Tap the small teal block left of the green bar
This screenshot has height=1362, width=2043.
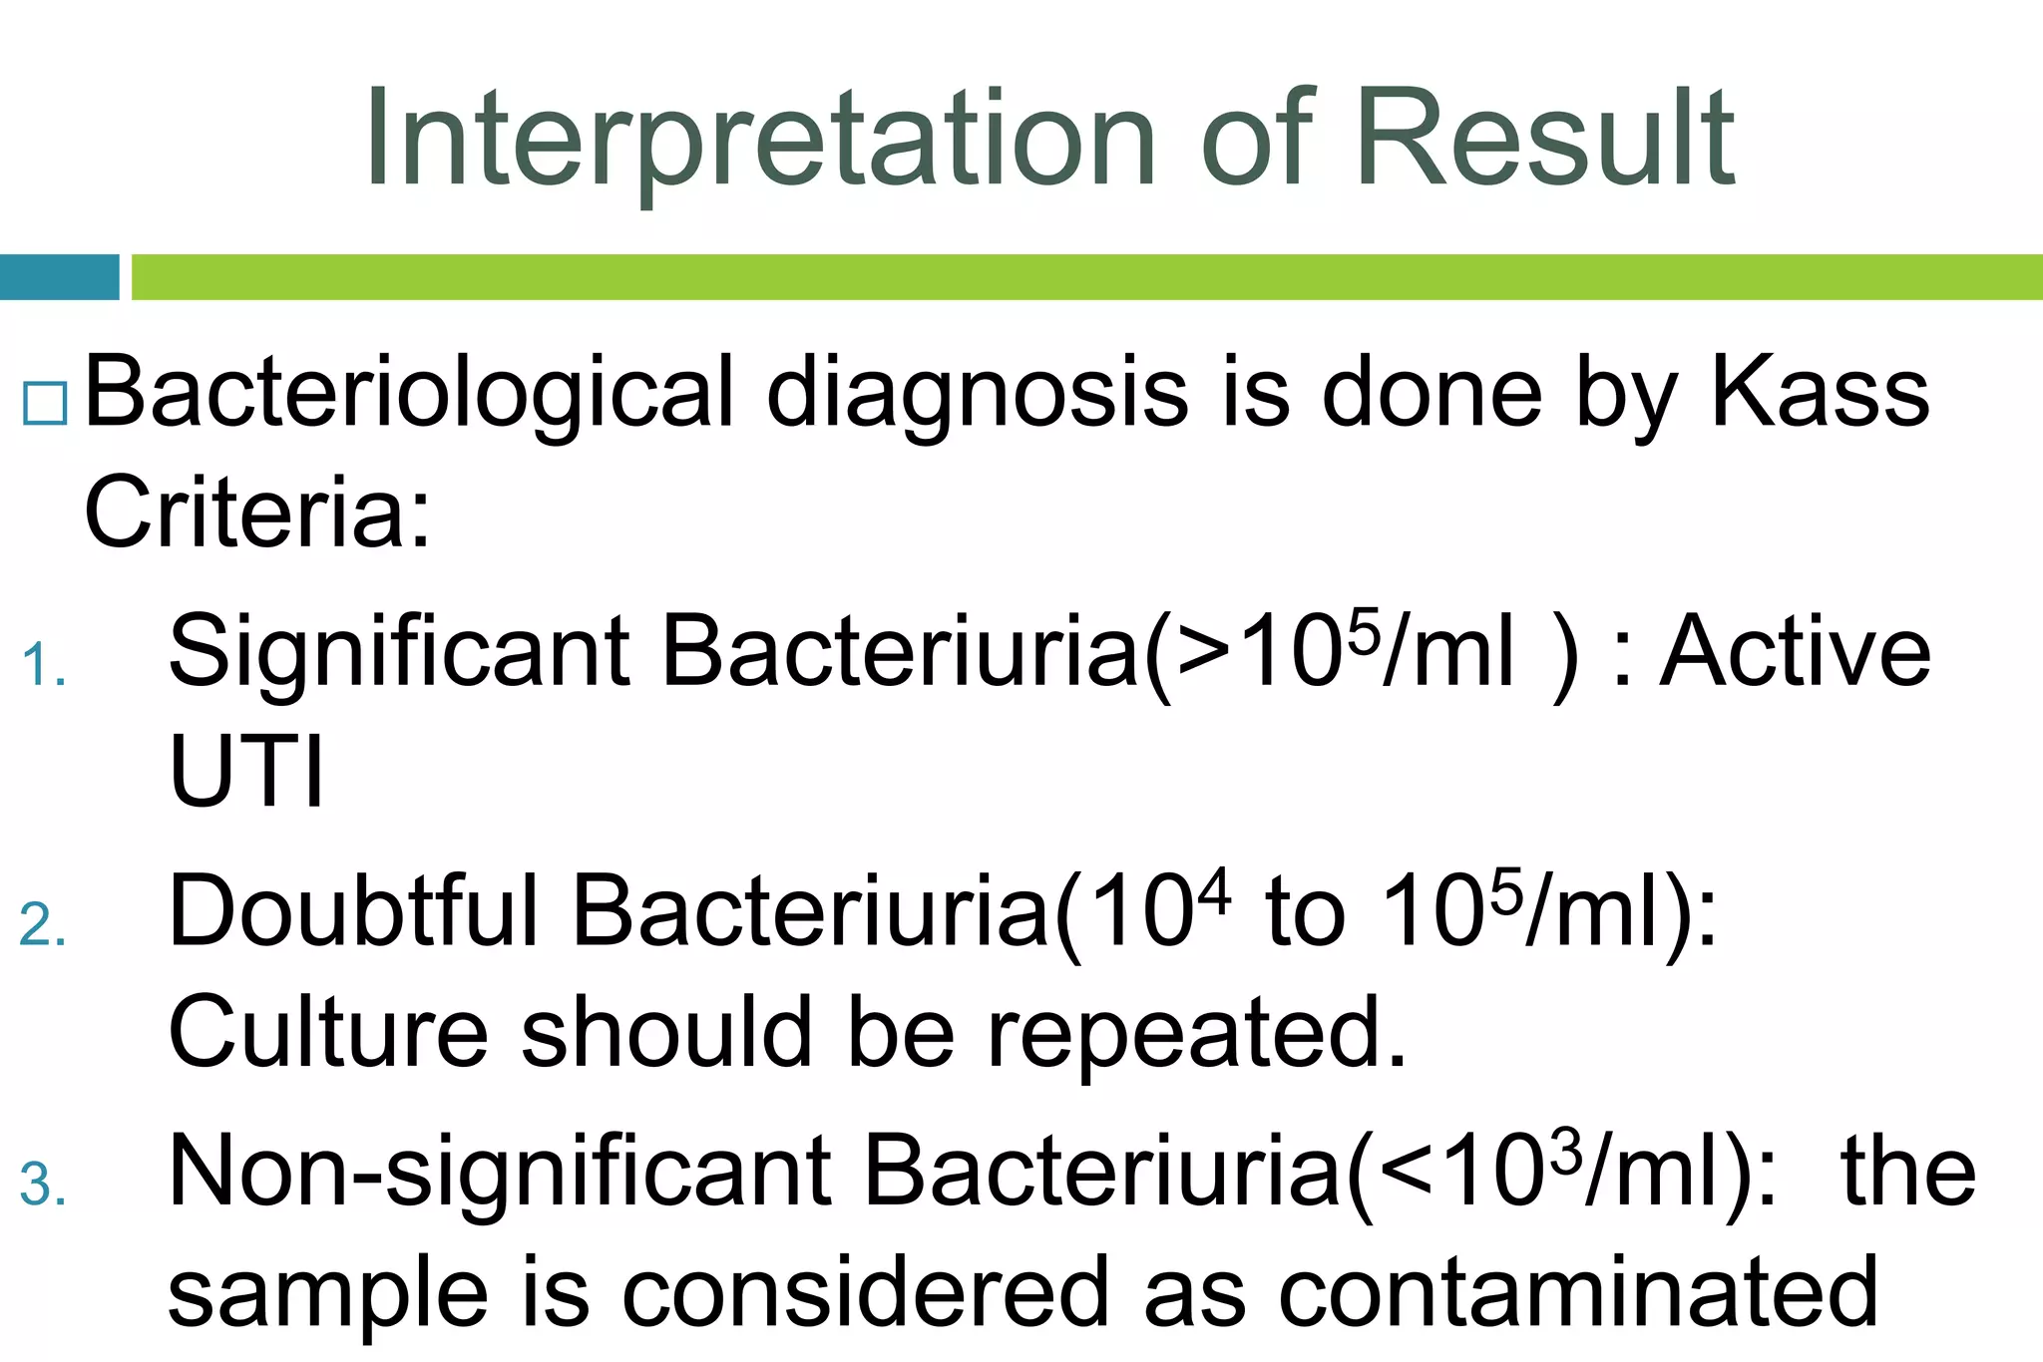pos(59,277)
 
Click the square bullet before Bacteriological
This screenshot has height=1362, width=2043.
pos(45,405)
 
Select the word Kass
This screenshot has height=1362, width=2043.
pos(1820,394)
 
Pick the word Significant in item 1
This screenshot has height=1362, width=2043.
pos(399,653)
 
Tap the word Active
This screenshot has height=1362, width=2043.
pos(1795,653)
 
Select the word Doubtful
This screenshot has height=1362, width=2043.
pos(354,911)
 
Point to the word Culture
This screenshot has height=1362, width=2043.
pos(328,1033)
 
